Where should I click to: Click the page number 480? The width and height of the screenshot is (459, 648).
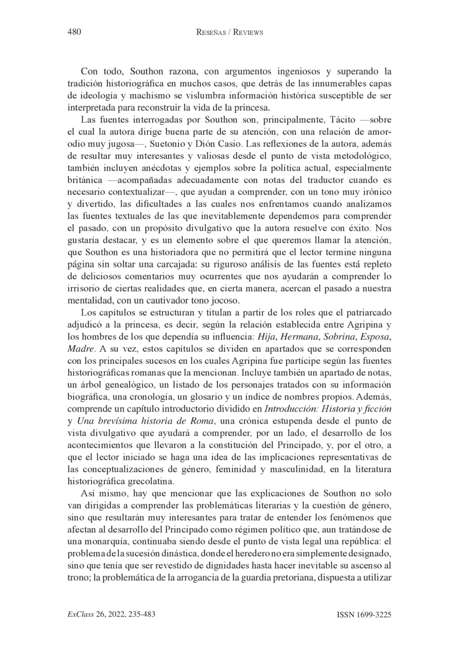(73, 32)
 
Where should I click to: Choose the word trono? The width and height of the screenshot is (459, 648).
(78, 581)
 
